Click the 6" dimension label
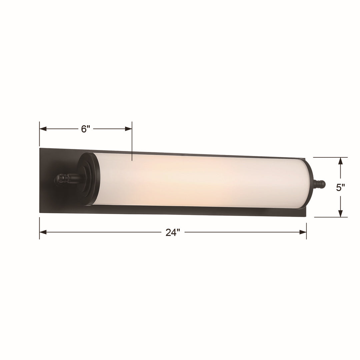[86, 129]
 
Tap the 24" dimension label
[173, 232]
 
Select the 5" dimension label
[340, 188]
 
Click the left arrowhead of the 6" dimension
[43, 129]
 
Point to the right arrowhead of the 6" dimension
[128, 129]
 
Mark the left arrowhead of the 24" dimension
[43, 232]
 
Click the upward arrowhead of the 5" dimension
[340, 161]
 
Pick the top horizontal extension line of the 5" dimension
[330, 157]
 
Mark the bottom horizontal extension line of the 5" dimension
[330, 217]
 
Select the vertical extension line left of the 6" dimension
[40, 133]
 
